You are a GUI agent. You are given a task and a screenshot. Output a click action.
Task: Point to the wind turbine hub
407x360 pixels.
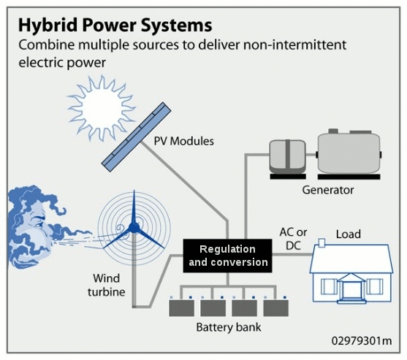point(135,229)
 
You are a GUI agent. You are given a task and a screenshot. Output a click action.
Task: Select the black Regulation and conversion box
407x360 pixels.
point(227,255)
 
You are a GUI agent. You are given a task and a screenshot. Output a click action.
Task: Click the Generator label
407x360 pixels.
point(327,191)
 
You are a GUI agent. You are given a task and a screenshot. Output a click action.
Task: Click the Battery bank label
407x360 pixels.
point(228,328)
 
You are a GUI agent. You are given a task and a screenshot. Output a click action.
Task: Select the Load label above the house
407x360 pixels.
point(348,234)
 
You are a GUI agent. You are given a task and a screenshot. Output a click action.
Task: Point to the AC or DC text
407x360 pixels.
point(293,238)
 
